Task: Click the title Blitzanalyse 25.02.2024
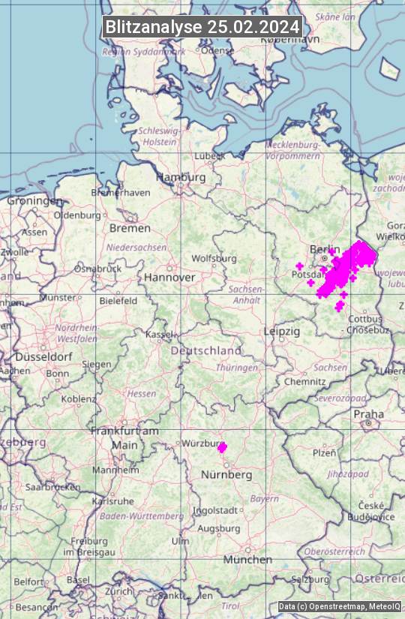coord(202,27)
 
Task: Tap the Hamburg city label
coord(181,177)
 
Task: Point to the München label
coord(247,560)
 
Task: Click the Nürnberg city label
coord(226,475)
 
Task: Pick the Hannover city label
coord(169,277)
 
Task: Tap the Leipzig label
coord(282,331)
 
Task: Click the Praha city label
coord(368,414)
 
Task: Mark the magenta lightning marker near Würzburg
coord(222,447)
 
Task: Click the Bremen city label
coord(130,228)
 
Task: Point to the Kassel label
coord(160,334)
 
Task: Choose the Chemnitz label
coord(304,382)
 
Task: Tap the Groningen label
coord(34,201)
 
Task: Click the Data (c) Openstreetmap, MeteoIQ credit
coord(339,606)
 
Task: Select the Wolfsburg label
coord(214,259)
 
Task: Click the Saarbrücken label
coord(52,487)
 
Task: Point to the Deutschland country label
coord(206,350)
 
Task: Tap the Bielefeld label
coord(118,301)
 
